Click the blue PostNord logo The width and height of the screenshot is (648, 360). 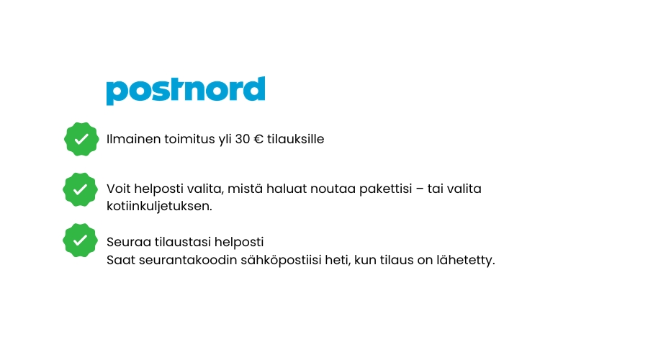click(x=186, y=91)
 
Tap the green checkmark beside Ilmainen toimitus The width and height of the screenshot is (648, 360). click(x=81, y=139)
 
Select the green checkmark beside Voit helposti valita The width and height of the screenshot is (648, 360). click(x=80, y=189)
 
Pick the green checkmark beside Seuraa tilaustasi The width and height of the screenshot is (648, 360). click(x=80, y=240)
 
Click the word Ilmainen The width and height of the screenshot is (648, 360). click(x=133, y=139)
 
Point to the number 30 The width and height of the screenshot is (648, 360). click(x=243, y=139)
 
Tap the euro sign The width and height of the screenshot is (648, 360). click(x=258, y=139)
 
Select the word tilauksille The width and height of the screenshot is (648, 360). click(x=295, y=139)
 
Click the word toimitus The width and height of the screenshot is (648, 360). click(x=189, y=139)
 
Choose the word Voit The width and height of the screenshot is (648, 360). click(x=119, y=189)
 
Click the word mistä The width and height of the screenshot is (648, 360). click(x=245, y=189)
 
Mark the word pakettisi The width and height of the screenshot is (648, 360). click(x=386, y=189)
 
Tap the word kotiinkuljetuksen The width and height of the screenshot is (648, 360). click(x=160, y=206)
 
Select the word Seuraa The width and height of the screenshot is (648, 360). click(x=129, y=242)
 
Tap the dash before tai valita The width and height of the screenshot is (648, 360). click(x=420, y=189)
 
